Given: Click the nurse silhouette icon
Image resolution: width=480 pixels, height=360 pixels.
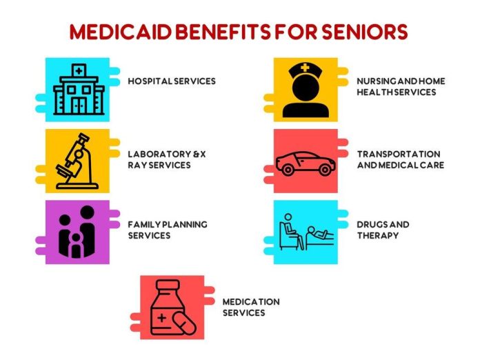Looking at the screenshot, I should (x=305, y=90).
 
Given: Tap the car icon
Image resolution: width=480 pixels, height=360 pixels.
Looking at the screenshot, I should (x=305, y=163).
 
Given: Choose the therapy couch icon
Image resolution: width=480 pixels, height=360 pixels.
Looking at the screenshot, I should (x=306, y=232).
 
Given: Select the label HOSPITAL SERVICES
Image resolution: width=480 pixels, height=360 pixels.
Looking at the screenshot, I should (x=172, y=81).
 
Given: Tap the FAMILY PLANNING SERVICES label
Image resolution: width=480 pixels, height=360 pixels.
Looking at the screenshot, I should (x=167, y=230).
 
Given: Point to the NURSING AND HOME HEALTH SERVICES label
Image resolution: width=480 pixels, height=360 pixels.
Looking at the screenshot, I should (x=400, y=86).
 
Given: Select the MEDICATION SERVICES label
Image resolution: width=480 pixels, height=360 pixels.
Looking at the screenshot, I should (x=250, y=307).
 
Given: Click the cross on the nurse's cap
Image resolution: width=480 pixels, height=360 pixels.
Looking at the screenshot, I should (x=306, y=68).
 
